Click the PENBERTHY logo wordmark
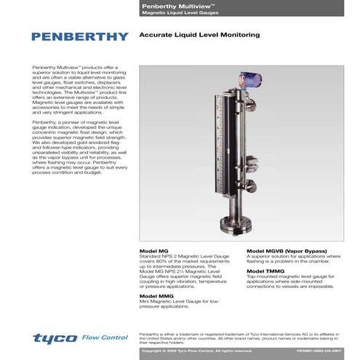tap(81, 36)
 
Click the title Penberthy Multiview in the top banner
tap(171, 5)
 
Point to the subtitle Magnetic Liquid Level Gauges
tap(179, 12)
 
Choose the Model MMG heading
tap(156, 297)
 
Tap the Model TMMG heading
tap(269, 271)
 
